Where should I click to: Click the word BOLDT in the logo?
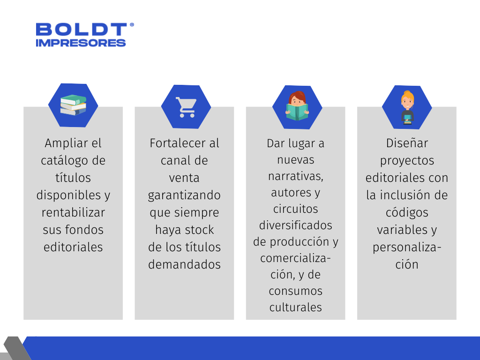81,30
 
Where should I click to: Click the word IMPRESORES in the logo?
81,43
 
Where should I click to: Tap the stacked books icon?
73,105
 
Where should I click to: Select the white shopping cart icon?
186,107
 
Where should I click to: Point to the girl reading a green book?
297,106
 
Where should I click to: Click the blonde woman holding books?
407,107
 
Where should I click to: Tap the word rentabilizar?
73,212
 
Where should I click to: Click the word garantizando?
184,195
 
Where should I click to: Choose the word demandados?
184,264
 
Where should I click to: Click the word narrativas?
296,176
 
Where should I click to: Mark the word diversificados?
296,225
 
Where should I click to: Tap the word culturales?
296,307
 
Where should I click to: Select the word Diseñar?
407,143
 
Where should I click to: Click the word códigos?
407,213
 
